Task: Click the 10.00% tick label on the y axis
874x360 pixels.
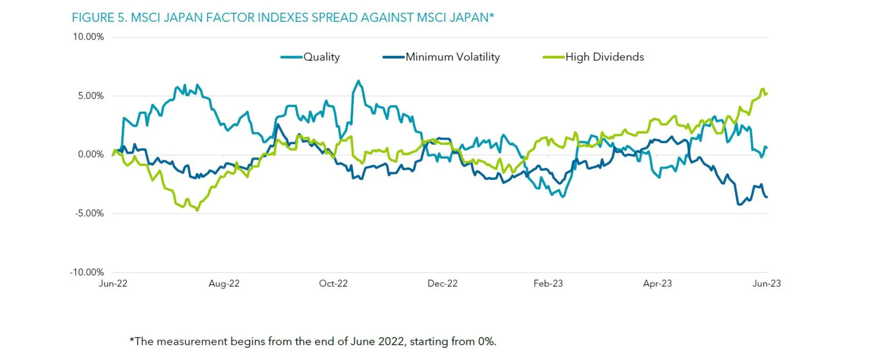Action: click(88, 37)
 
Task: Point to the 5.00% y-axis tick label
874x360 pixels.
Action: click(91, 96)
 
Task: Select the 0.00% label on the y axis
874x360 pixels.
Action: click(91, 154)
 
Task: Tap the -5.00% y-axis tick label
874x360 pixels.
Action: click(89, 213)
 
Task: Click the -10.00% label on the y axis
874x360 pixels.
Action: click(86, 272)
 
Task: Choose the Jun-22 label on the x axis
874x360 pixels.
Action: click(113, 284)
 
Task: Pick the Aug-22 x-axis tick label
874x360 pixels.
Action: click(224, 284)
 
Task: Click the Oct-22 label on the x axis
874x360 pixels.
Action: click(333, 284)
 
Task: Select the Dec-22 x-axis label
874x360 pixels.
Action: click(442, 284)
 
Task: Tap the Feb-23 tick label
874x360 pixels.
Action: click(548, 284)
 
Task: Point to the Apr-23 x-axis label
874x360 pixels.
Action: click(657, 284)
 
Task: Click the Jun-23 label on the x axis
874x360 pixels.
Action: click(767, 284)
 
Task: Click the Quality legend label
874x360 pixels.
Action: click(321, 57)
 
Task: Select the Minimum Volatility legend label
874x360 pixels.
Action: click(452, 57)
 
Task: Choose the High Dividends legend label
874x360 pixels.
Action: click(605, 57)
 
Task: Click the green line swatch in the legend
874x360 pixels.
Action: click(554, 57)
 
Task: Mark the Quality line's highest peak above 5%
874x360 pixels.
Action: click(359, 81)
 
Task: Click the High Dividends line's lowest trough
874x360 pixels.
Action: click(197, 210)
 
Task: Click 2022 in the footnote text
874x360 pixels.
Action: click(390, 341)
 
